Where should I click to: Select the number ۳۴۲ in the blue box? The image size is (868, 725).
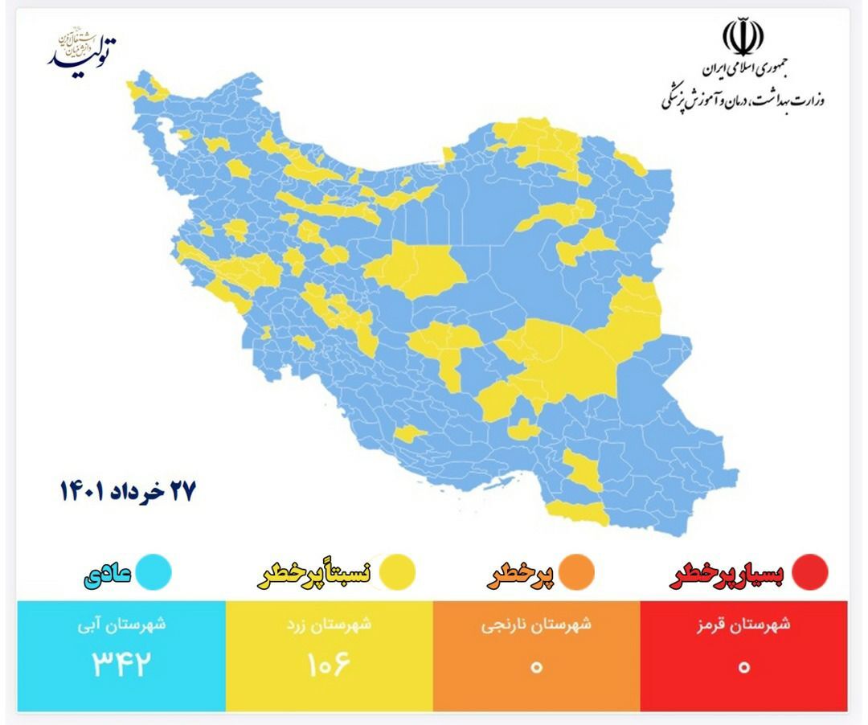click(121, 665)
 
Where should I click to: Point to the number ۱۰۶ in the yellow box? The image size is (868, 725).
click(329, 665)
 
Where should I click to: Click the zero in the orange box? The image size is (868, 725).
click(536, 666)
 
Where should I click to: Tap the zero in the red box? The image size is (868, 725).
click(744, 666)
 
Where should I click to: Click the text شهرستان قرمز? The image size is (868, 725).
click(744, 625)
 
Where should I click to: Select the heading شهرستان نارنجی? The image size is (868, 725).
click(536, 625)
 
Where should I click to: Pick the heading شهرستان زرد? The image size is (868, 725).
click(329, 625)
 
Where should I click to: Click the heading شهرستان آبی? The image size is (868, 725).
click(121, 625)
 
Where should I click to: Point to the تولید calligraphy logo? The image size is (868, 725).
click(82, 51)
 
